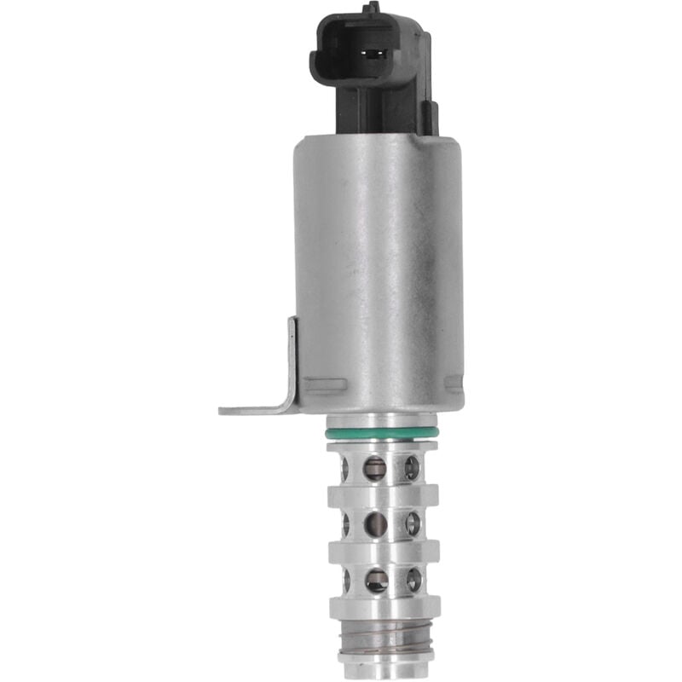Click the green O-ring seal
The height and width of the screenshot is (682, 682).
[383, 434]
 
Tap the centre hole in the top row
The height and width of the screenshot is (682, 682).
[375, 467]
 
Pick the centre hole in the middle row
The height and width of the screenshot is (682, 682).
[376, 524]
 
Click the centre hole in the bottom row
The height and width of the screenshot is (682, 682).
[377, 581]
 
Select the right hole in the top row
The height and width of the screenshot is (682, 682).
[413, 467]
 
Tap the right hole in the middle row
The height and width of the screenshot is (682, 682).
[413, 523]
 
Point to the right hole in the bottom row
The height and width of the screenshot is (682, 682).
[413, 580]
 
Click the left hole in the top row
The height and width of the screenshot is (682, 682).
[344, 468]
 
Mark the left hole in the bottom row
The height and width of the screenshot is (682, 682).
[346, 581]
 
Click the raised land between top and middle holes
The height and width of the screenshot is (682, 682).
[384, 495]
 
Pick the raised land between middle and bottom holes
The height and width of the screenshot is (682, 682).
[384, 552]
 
